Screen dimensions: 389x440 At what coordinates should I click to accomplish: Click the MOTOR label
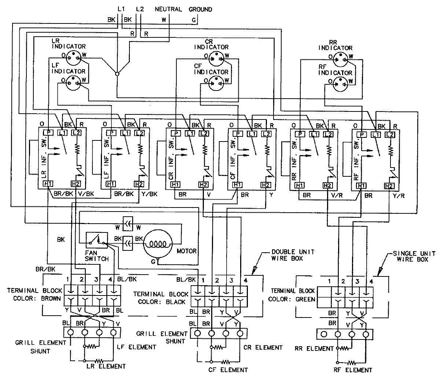(187, 251)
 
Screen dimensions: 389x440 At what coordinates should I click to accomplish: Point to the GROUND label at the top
(200, 9)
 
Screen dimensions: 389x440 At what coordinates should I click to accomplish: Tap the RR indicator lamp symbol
(342, 57)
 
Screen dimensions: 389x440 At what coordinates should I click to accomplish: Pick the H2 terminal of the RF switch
(389, 186)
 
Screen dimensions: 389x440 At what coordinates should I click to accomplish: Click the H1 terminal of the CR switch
(175, 184)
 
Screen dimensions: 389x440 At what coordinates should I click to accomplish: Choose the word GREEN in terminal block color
(306, 299)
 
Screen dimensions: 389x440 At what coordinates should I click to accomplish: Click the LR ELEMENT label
(106, 366)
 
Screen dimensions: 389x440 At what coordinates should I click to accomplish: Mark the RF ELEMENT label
(354, 370)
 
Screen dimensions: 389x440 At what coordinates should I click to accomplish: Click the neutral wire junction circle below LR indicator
(117, 74)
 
